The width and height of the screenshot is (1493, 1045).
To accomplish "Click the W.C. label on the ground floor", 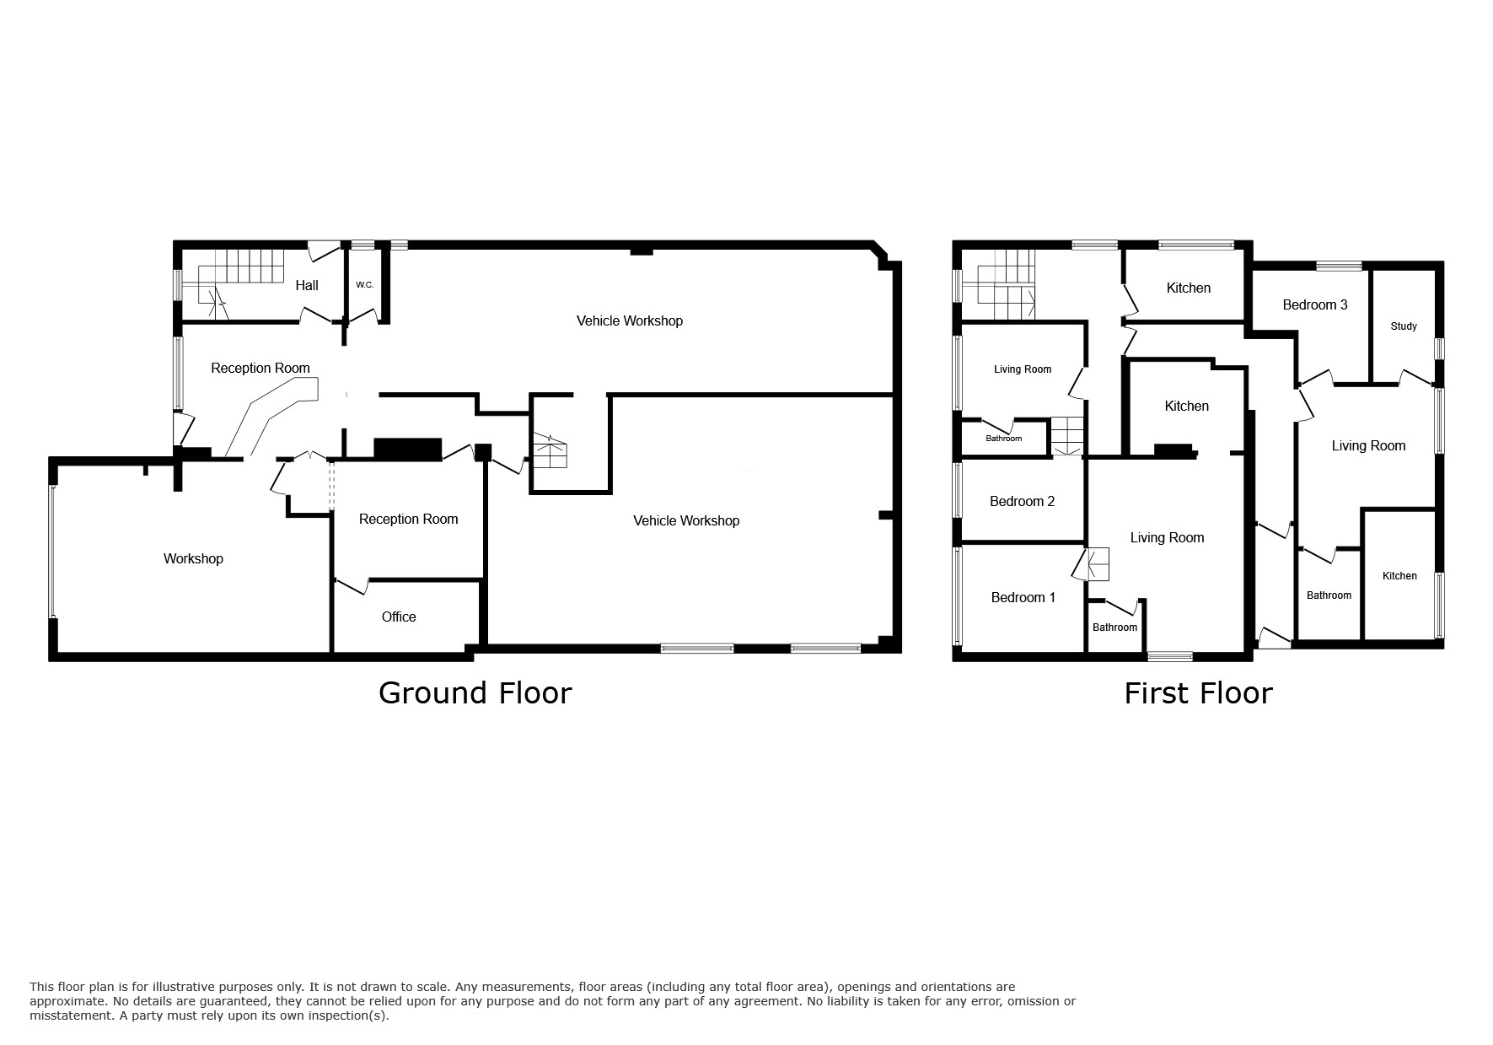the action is (x=364, y=285).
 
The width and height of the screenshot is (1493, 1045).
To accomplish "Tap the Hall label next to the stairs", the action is (x=307, y=286).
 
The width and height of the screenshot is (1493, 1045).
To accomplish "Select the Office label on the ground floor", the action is (x=399, y=617).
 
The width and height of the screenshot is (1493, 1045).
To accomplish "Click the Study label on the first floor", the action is (x=1404, y=326).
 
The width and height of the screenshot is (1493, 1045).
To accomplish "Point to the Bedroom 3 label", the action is (x=1315, y=305).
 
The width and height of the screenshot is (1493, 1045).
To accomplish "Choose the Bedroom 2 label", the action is (x=1022, y=502).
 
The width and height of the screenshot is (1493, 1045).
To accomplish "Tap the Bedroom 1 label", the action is (x=1023, y=598).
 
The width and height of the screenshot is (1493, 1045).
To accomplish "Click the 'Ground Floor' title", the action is (x=475, y=692).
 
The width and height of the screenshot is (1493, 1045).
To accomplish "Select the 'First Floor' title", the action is (x=1198, y=693).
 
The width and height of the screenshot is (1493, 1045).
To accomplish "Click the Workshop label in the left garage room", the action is (x=193, y=559).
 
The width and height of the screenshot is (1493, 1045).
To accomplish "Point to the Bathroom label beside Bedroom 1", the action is (x=1114, y=628).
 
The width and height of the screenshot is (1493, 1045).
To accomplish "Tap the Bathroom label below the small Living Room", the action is (x=1003, y=439).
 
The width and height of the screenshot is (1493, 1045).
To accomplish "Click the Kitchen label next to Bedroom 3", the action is (x=1188, y=288).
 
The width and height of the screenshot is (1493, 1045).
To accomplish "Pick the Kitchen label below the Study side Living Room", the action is (x=1399, y=576).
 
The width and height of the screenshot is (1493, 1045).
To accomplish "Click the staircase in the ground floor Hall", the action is (x=239, y=285).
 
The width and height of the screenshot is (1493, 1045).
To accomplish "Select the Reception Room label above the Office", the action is (x=408, y=520).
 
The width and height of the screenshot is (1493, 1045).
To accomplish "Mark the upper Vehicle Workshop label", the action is (x=629, y=321).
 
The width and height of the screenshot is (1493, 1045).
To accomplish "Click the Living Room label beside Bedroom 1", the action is (x=1167, y=538).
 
